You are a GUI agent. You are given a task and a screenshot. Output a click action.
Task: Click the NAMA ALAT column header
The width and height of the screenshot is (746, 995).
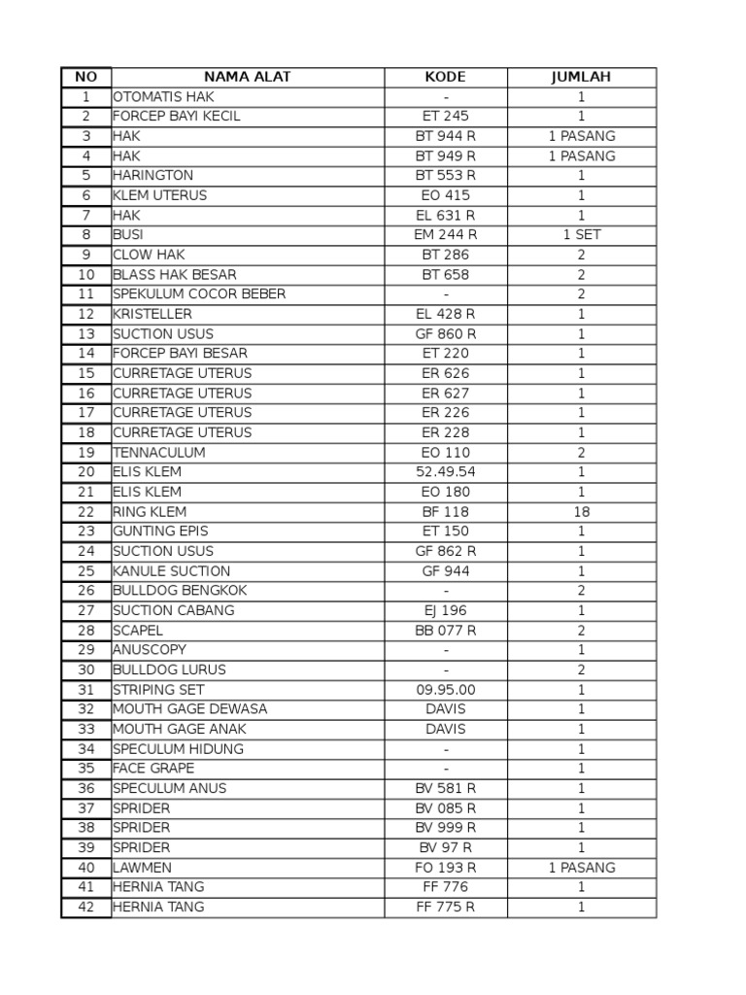coord(247,77)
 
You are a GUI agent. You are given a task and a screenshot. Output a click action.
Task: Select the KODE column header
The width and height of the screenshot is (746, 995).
coord(445,77)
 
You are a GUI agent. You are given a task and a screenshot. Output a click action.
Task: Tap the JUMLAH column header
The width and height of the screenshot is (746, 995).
coord(581,77)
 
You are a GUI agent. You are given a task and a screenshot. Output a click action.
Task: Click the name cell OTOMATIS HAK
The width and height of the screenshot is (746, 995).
coord(163,97)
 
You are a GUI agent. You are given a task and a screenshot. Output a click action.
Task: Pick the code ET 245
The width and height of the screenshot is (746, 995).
coord(445,117)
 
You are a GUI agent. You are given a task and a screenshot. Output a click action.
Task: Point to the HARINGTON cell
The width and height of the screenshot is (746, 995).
coord(153,176)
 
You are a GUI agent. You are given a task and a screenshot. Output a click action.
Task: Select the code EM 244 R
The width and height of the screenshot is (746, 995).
coord(445,235)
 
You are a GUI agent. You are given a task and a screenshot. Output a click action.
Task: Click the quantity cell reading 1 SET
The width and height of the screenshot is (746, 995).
coord(581,235)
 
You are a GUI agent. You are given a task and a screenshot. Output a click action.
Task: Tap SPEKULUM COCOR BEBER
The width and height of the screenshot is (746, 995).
coord(199,294)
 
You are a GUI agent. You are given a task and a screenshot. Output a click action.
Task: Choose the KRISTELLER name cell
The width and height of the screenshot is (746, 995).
coord(153,314)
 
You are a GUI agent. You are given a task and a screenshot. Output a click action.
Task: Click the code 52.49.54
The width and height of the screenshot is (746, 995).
coord(445,472)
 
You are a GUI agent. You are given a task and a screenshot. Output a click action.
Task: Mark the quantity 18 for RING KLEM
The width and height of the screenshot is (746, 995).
coord(581,511)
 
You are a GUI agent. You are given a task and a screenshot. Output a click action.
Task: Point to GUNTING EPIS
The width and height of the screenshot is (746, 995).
coord(160,532)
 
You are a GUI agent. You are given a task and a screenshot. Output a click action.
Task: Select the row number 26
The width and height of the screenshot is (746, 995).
coord(86,591)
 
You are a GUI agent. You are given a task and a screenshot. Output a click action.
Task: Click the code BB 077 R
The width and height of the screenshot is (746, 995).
coord(445,631)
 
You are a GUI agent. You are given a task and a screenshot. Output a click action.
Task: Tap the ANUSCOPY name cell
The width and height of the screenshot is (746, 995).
coord(150,650)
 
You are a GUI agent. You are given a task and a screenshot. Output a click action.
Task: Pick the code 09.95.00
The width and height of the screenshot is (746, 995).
coord(445,690)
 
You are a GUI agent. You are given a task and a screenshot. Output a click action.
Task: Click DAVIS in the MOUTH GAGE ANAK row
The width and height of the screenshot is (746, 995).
coord(445,729)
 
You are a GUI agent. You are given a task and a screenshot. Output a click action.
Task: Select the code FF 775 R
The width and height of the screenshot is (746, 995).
coord(445,907)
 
